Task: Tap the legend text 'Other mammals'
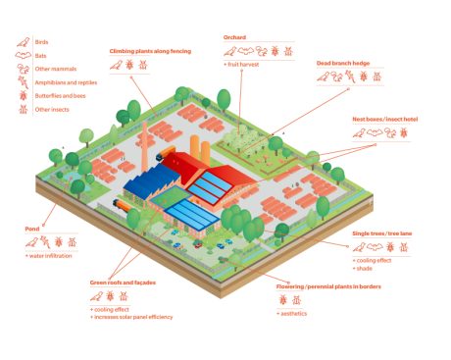[52, 69]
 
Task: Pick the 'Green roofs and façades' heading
[123, 283]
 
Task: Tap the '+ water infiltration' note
[48, 255]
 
